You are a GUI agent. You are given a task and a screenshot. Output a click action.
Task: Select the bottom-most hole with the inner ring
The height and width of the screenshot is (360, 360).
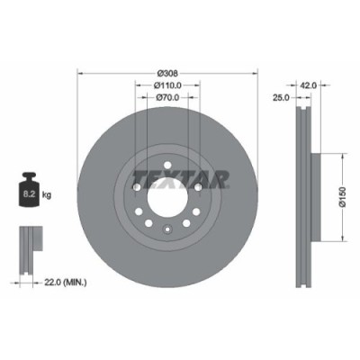pos(167,230)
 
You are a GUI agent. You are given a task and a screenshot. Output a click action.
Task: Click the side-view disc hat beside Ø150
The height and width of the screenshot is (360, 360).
pos(314,197)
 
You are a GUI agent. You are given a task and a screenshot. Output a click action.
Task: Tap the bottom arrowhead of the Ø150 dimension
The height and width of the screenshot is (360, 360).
pos(341,238)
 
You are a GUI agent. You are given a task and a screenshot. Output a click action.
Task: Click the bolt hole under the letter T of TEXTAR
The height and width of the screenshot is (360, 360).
pos(136,187)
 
